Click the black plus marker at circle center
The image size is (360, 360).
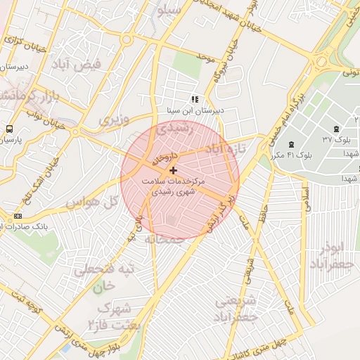click(174, 170)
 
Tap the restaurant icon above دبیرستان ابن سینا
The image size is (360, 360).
click(194, 100)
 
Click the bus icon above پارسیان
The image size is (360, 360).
click(10, 129)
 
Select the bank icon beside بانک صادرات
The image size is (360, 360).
click(18, 216)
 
